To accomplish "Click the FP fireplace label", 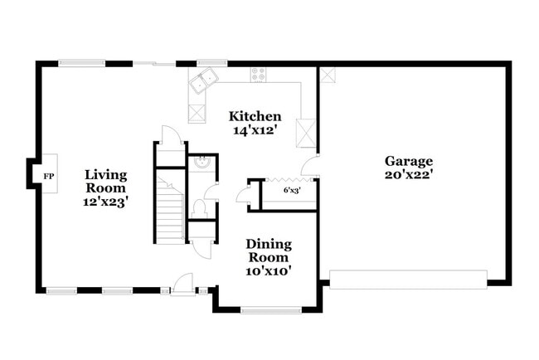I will click(48, 177).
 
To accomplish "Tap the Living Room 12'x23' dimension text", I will click(106, 202).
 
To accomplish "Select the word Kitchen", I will click(255, 116).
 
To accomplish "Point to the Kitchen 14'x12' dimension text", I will click(255, 130).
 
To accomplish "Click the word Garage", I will click(408, 161).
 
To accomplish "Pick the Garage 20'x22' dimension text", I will click(408, 175).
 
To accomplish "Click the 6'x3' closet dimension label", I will click(292, 191).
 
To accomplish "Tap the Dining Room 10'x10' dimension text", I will click(269, 270).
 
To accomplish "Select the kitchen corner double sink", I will click(202, 80).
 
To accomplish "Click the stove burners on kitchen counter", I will click(259, 73).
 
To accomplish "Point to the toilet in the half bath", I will click(199, 207).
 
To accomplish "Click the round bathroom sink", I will click(201, 163).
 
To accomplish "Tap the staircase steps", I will click(171, 215).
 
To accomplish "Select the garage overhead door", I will click(408, 279).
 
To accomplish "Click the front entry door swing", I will click(183, 283).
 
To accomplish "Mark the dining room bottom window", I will click(270, 310).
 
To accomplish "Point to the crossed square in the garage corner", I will click(328, 75).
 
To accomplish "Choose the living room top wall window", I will click(81, 62).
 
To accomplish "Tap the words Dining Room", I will click(269, 250).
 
